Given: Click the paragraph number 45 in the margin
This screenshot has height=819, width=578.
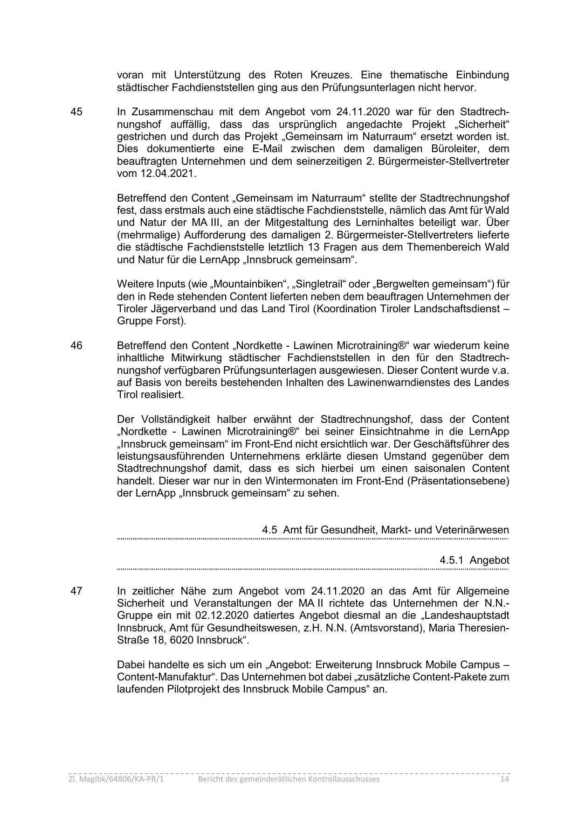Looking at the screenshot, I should [x=76, y=112].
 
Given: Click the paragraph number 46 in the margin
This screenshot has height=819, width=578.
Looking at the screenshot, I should [x=76, y=346].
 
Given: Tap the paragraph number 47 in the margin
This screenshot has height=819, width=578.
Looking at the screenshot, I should [x=76, y=591].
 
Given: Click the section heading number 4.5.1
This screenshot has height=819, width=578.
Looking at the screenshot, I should [x=451, y=560].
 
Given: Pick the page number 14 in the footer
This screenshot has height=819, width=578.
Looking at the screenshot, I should [x=504, y=779].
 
